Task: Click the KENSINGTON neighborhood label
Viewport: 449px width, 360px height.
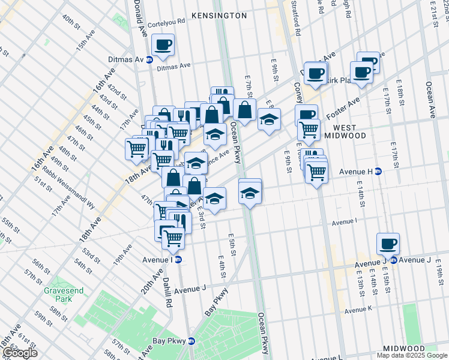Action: pos(218,14)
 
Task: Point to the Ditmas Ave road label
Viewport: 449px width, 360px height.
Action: pos(173,67)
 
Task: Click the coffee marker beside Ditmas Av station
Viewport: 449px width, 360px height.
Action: pos(163,44)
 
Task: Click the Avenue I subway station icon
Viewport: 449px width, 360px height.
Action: pos(178,259)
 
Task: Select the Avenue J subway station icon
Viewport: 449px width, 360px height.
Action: pos(394,260)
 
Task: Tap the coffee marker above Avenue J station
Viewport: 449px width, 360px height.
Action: pos(388,244)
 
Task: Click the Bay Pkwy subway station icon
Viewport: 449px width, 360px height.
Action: pos(191,340)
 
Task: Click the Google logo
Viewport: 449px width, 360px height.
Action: pos(20,353)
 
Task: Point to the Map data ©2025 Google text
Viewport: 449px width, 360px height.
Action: pos(412,355)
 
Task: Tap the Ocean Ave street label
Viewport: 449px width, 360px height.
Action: pos(430,99)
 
